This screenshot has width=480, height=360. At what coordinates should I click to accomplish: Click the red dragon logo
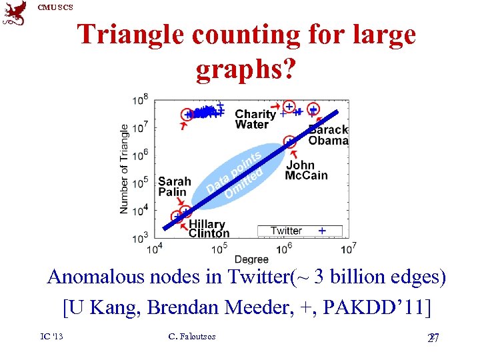coord(15,13)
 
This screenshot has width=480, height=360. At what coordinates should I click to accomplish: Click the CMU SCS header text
coord(55,7)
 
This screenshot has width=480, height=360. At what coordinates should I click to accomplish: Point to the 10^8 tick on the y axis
coord(141,99)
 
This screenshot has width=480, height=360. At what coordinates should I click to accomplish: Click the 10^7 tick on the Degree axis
coord(348,249)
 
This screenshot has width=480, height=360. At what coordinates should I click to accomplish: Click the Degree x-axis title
coord(251,259)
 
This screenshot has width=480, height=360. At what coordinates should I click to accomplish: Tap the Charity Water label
coord(255,119)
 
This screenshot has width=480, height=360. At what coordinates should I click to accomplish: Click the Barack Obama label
coord(328,135)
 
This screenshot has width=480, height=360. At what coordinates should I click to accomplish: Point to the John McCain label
coord(306,171)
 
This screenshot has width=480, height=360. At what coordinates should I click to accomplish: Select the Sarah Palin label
coord(174,187)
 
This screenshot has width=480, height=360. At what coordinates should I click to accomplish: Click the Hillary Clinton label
coord(209,229)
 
